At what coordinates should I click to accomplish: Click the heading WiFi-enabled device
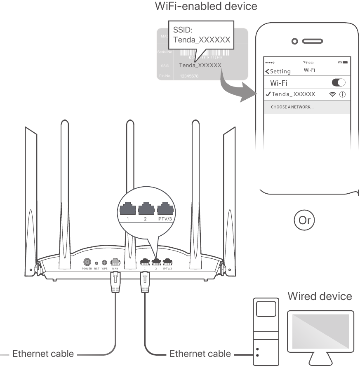click(205, 7)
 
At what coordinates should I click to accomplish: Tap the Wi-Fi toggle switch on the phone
click(338, 83)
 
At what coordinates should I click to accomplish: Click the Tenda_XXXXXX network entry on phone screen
click(293, 94)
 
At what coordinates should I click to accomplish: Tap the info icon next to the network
click(342, 94)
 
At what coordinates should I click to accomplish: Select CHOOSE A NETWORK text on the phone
click(292, 107)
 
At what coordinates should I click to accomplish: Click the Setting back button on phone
click(278, 71)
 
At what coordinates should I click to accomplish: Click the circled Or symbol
click(305, 220)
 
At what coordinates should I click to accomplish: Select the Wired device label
click(320, 296)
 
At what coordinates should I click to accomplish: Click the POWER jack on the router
click(87, 262)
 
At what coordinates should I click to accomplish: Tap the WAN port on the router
click(115, 262)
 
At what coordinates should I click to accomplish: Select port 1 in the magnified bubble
click(128, 209)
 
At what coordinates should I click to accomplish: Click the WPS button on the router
click(105, 263)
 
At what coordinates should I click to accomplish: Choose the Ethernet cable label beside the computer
click(200, 353)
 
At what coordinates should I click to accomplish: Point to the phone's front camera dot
click(294, 41)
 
